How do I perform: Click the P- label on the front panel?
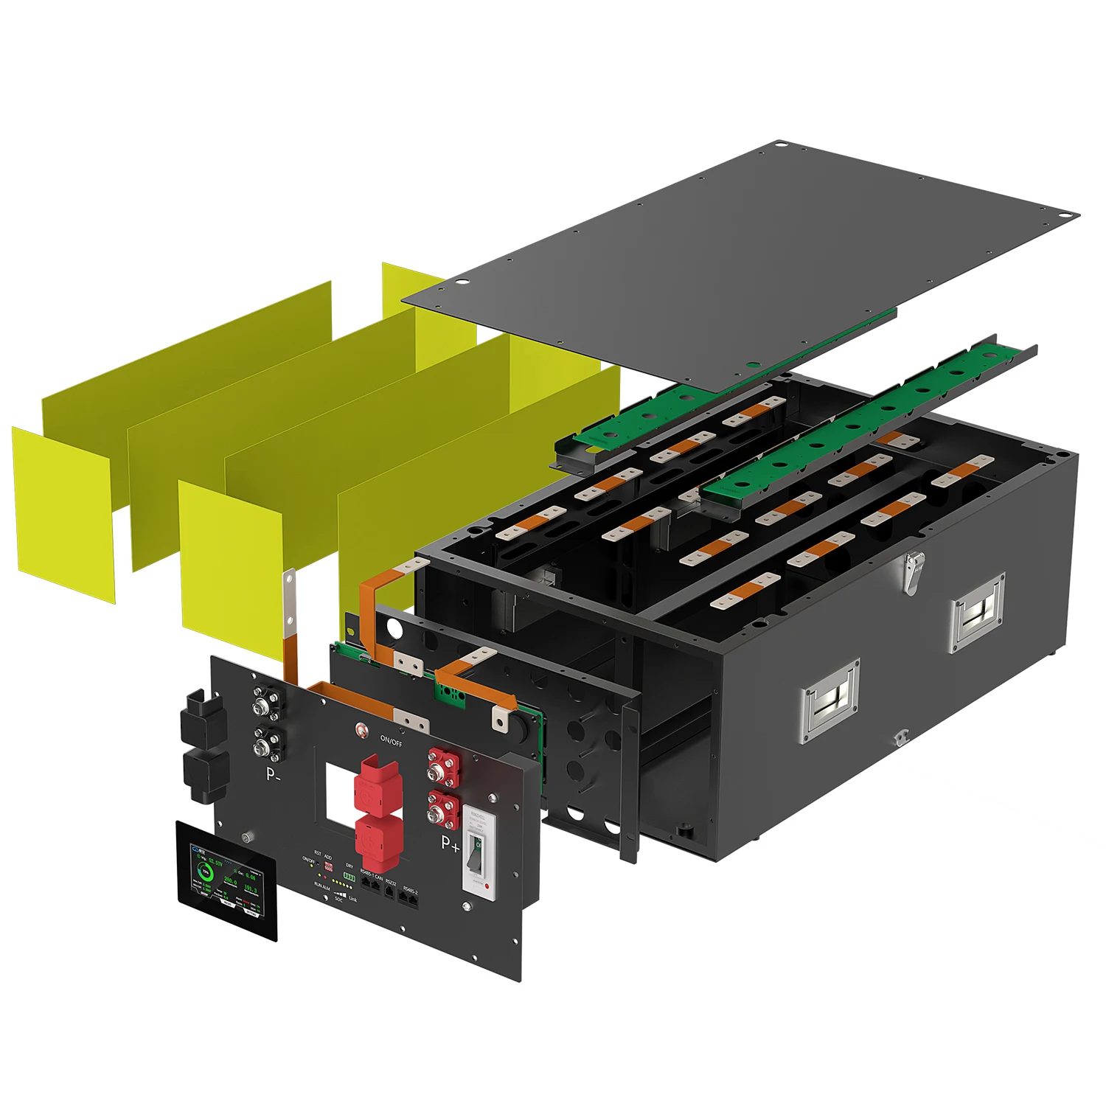pos(273,774)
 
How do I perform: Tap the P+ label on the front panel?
pos(450,842)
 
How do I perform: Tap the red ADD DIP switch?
pos(328,868)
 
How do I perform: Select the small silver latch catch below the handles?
pos(900,737)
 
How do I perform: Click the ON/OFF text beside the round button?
pos(392,740)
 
